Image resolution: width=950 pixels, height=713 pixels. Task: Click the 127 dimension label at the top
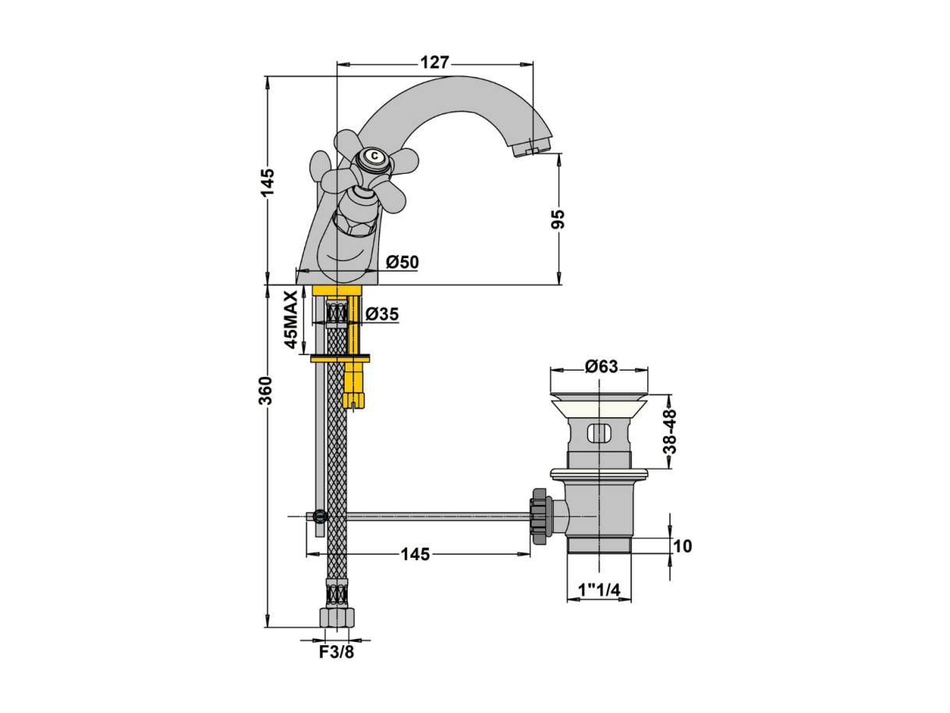coord(434,62)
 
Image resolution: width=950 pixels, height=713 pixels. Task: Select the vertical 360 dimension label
coord(265,391)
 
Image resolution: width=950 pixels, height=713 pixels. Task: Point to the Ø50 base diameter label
coord(402,262)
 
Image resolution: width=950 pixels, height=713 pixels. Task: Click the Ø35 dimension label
coord(381,314)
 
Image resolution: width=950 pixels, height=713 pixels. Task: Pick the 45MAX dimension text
coord(291,320)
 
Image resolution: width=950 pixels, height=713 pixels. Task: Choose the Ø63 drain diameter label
coord(601,367)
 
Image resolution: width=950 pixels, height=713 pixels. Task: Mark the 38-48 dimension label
coord(669,431)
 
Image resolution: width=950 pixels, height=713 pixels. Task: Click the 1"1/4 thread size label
coord(600,590)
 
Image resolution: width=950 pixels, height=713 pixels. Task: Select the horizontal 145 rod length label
coord(415,554)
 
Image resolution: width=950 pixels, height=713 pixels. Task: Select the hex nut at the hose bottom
coord(337,617)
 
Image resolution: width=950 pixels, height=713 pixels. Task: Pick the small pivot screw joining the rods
coord(320,516)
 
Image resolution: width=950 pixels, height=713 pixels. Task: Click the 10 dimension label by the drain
coord(683,546)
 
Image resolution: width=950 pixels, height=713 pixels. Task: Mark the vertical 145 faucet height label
coord(268,182)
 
